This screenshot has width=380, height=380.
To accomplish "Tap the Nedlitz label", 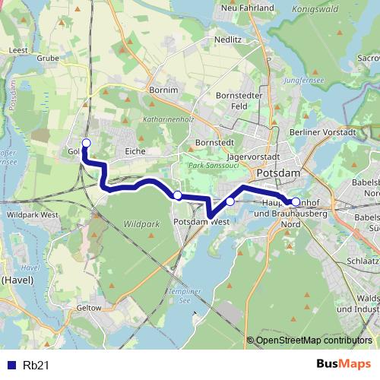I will tap(228, 37).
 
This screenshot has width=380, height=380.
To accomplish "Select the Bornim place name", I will tap(164, 90).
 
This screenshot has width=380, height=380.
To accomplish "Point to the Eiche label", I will tap(135, 151).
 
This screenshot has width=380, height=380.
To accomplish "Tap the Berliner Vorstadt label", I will tap(323, 131).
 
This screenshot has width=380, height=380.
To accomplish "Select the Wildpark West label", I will tap(32, 215).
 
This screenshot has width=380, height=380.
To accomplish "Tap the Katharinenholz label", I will tap(169, 120).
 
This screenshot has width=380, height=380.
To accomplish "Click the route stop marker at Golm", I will tap(86, 143).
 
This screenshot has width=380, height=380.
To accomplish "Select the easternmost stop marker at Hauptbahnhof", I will tap(296, 201).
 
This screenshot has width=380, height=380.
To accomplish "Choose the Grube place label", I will tap(48, 57).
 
